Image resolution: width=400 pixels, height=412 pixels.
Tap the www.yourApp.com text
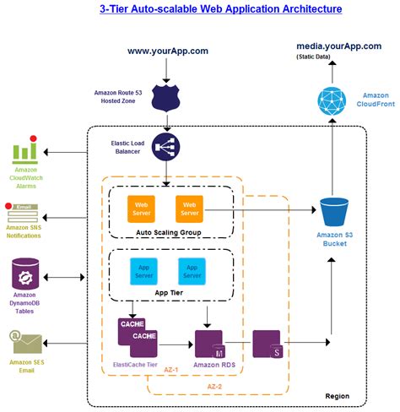(168, 51)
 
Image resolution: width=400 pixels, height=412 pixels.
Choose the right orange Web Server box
(190, 208)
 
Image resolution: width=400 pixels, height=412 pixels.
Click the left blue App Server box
(143, 270)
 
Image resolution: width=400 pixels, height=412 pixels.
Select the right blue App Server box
(192, 270)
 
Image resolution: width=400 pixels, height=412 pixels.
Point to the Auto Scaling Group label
(166, 232)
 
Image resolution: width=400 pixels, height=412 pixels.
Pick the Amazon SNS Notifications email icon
(24, 211)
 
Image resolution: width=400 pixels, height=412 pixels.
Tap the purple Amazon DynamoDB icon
(25, 275)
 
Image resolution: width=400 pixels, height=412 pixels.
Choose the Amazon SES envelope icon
(25, 341)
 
